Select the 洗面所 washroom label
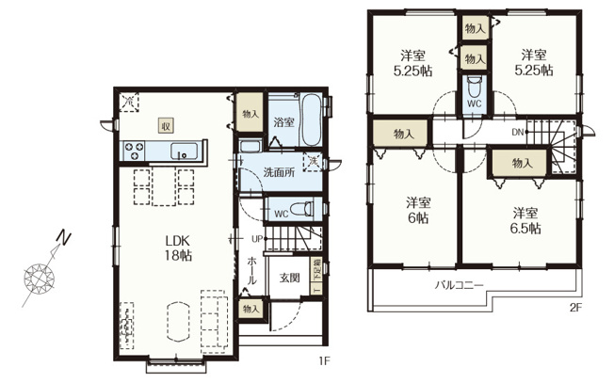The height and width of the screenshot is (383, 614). coord(278,172)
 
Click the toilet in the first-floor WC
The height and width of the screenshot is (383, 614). coord(299,211)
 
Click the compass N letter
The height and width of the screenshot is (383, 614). coord(59,237)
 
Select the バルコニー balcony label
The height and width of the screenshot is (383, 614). coord(459,283)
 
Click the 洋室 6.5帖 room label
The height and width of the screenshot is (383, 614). coord(525,219)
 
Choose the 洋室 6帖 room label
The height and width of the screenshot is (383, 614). coord(418,210)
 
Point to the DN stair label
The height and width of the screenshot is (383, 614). coord(517,132)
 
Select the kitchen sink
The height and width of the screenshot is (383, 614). coord(183,151)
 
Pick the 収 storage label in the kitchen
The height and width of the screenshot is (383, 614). coord(164,125)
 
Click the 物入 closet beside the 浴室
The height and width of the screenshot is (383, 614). coord(250,114)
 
